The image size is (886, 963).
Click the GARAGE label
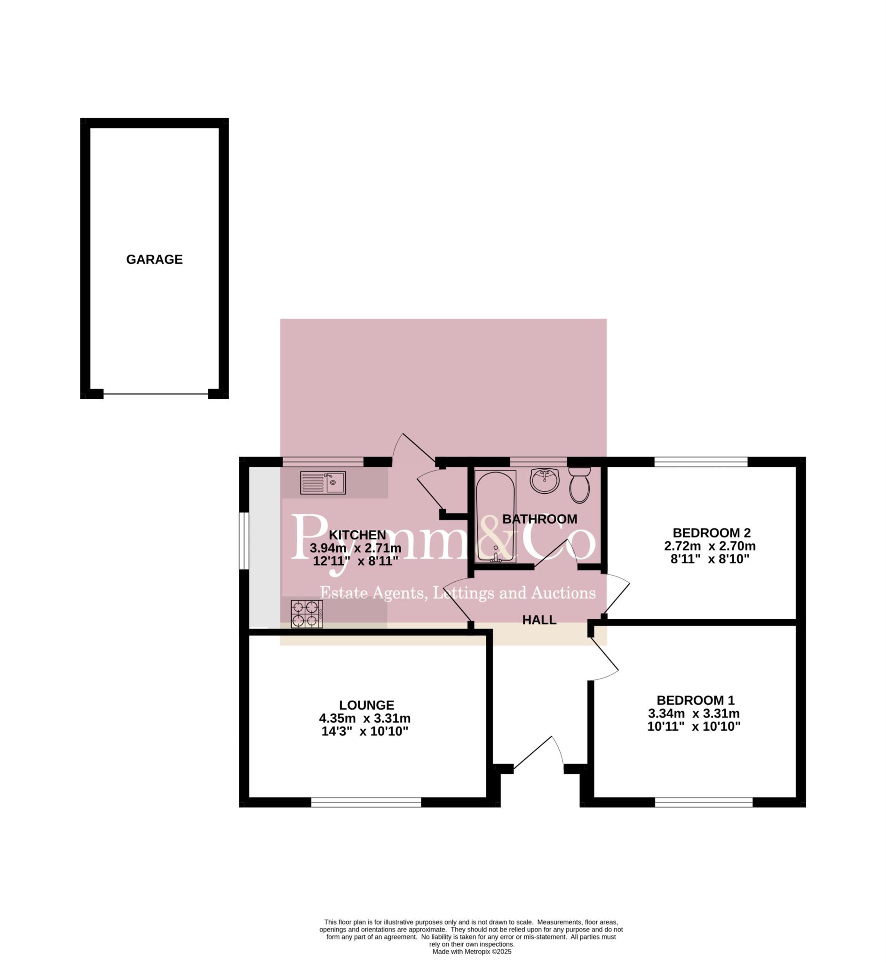[154, 260]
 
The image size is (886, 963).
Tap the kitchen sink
[323, 483]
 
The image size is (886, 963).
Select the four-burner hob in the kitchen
[307, 614]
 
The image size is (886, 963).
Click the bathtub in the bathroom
[496, 516]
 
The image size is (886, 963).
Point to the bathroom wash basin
[545, 481]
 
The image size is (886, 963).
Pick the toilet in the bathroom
[580, 485]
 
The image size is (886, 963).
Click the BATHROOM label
[540, 519]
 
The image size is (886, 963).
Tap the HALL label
[539, 620]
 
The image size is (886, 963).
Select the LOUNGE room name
[367, 705]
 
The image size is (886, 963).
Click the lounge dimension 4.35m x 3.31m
[365, 718]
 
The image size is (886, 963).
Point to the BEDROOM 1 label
[696, 700]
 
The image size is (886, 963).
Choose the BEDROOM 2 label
[712, 533]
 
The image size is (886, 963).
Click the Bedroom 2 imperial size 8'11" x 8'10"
[710, 559]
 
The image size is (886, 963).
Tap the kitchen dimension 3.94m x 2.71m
[356, 548]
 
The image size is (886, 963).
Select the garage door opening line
[156, 394]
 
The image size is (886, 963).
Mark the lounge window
[366, 802]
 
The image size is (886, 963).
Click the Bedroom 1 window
[704, 802]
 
